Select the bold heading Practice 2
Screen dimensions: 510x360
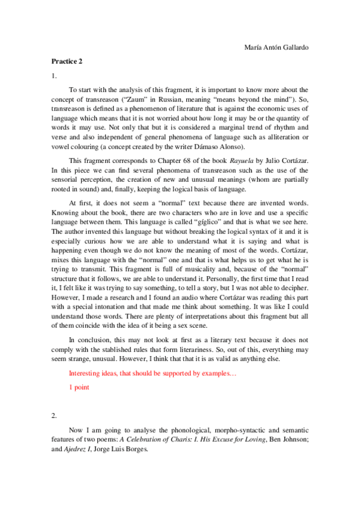click(67, 61)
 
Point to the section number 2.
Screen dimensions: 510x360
click(54, 415)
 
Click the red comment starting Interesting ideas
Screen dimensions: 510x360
click(153, 373)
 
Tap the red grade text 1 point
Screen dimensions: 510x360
click(79, 387)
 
